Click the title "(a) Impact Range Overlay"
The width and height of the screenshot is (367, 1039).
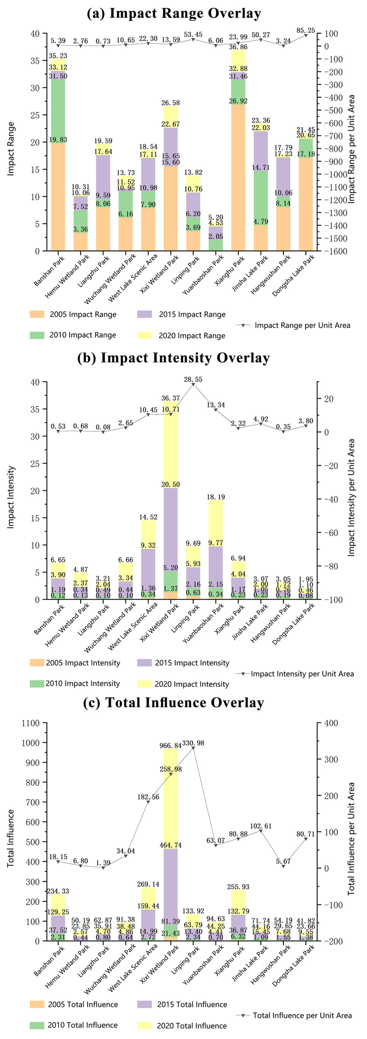pyautogui.click(x=174, y=13)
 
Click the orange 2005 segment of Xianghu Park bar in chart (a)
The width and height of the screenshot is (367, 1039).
pyautogui.click(x=238, y=178)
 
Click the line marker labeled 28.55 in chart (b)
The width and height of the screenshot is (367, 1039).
pyautogui.click(x=193, y=384)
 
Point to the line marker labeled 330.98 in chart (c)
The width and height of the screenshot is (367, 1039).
pyautogui.click(x=193, y=748)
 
